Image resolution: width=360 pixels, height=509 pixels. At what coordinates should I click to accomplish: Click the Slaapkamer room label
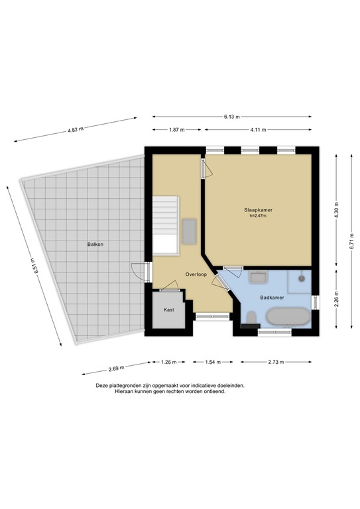click(258, 210)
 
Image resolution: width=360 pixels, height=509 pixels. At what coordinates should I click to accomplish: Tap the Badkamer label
click(272, 298)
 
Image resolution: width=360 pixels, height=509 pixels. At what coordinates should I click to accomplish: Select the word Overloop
click(196, 274)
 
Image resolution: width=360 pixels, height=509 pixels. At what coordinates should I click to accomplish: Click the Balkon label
click(95, 245)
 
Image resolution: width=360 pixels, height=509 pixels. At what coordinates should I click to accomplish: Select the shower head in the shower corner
click(302, 279)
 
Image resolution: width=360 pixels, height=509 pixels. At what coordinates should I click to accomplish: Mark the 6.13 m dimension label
click(231, 117)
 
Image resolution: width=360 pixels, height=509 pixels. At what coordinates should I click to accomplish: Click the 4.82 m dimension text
click(76, 130)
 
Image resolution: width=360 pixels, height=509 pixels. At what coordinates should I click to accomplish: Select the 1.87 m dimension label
click(176, 130)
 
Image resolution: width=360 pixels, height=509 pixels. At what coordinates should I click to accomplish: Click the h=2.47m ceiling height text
click(258, 215)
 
